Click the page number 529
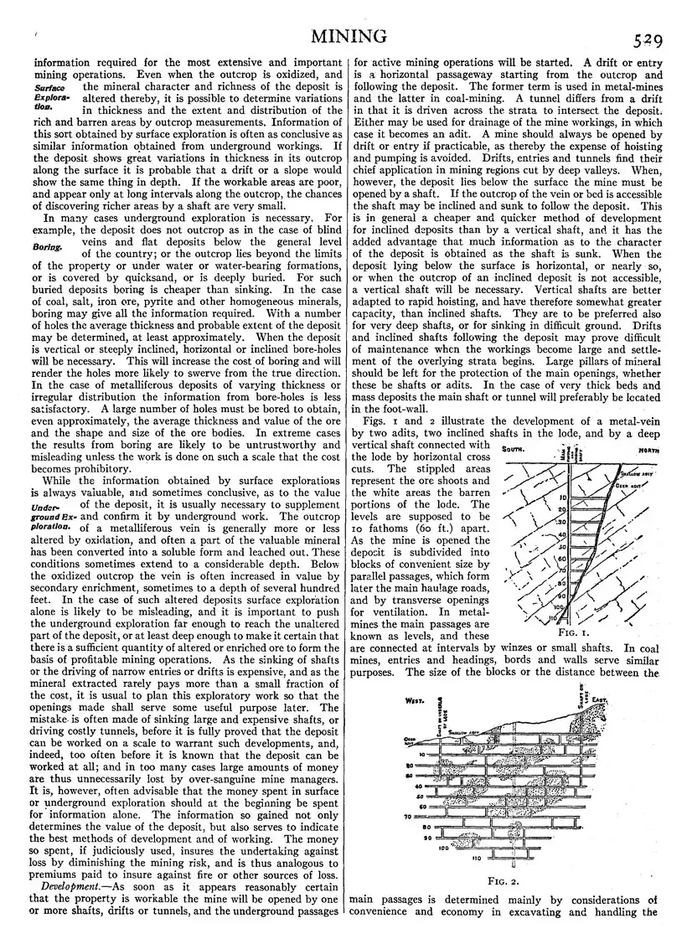point(649,38)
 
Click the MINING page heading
point(348,36)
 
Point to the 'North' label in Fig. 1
point(644,451)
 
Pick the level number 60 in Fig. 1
point(563,557)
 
